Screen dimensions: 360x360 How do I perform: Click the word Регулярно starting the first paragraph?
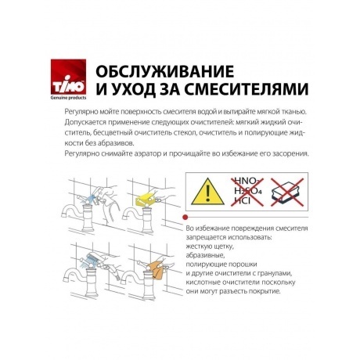(x=74, y=113)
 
